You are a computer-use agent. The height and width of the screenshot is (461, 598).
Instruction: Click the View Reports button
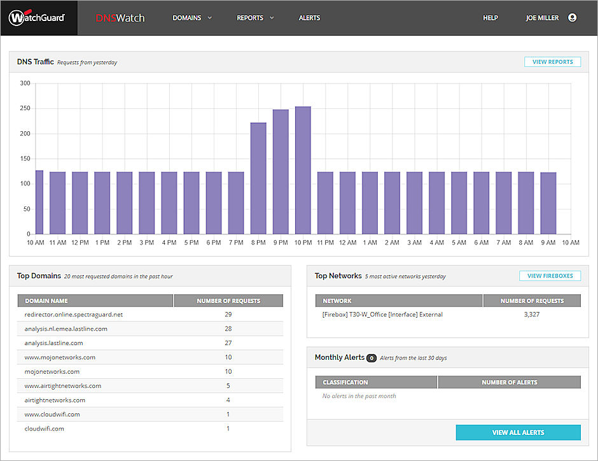click(552, 62)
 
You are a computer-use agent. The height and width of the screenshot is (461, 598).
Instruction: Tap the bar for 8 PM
click(258, 178)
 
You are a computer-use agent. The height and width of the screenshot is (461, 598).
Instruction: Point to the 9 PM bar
click(281, 172)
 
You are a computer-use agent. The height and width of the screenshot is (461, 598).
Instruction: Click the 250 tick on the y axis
click(25, 108)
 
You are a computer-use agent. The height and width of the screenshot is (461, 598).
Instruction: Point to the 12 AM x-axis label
click(347, 243)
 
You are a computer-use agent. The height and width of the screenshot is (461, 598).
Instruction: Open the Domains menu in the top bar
click(191, 18)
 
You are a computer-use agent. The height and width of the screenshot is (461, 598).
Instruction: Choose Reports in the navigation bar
click(254, 18)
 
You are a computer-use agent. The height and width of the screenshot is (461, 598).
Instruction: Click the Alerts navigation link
click(309, 18)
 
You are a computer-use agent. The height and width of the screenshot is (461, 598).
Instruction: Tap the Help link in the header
click(490, 18)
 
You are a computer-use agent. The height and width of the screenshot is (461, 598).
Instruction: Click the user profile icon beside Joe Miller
click(572, 18)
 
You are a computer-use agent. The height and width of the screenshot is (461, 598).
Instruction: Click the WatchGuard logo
click(37, 18)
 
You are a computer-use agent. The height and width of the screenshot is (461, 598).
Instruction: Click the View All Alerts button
click(518, 432)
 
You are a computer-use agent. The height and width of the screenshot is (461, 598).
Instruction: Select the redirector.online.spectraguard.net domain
click(74, 315)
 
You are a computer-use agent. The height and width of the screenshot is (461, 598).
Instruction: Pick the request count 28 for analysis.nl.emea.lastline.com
click(228, 329)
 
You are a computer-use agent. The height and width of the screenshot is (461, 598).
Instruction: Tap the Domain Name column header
click(46, 301)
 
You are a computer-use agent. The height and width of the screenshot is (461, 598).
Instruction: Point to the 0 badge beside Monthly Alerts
click(372, 358)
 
